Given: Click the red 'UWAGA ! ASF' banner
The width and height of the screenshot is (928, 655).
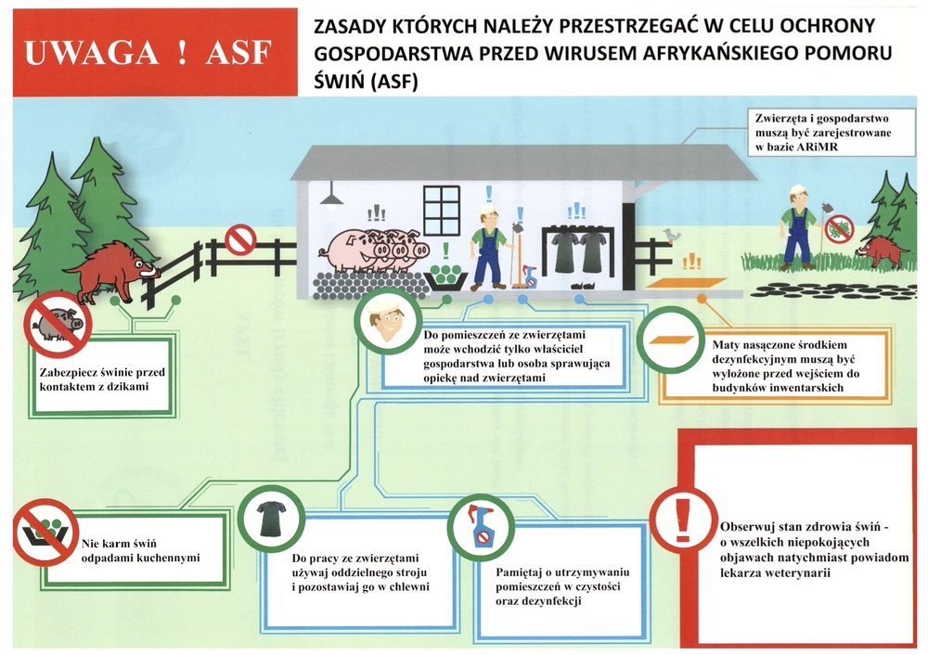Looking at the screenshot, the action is [155, 52].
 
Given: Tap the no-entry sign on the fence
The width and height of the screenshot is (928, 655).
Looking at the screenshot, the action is [240, 240].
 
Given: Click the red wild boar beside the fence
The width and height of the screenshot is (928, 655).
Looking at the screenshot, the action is [113, 270].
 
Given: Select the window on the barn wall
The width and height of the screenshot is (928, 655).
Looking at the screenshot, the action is [442, 210].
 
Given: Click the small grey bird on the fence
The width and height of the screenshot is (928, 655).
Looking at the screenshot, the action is [672, 235].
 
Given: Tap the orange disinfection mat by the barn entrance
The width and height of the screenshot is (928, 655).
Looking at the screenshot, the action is [686, 283].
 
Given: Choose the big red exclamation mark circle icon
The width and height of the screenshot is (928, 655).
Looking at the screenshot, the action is [684, 520].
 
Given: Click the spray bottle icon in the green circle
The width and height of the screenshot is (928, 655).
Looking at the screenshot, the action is [480, 526].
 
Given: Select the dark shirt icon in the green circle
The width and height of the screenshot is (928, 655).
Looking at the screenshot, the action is [271, 519].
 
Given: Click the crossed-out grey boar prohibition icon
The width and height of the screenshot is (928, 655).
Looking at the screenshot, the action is [58, 324].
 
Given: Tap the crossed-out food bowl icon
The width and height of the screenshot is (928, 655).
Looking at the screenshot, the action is [45, 532].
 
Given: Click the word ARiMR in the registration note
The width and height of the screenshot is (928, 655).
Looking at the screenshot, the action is [817, 147].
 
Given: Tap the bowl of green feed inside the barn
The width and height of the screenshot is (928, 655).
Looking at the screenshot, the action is [446, 276].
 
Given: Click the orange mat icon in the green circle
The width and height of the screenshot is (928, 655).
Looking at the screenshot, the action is [671, 340].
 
